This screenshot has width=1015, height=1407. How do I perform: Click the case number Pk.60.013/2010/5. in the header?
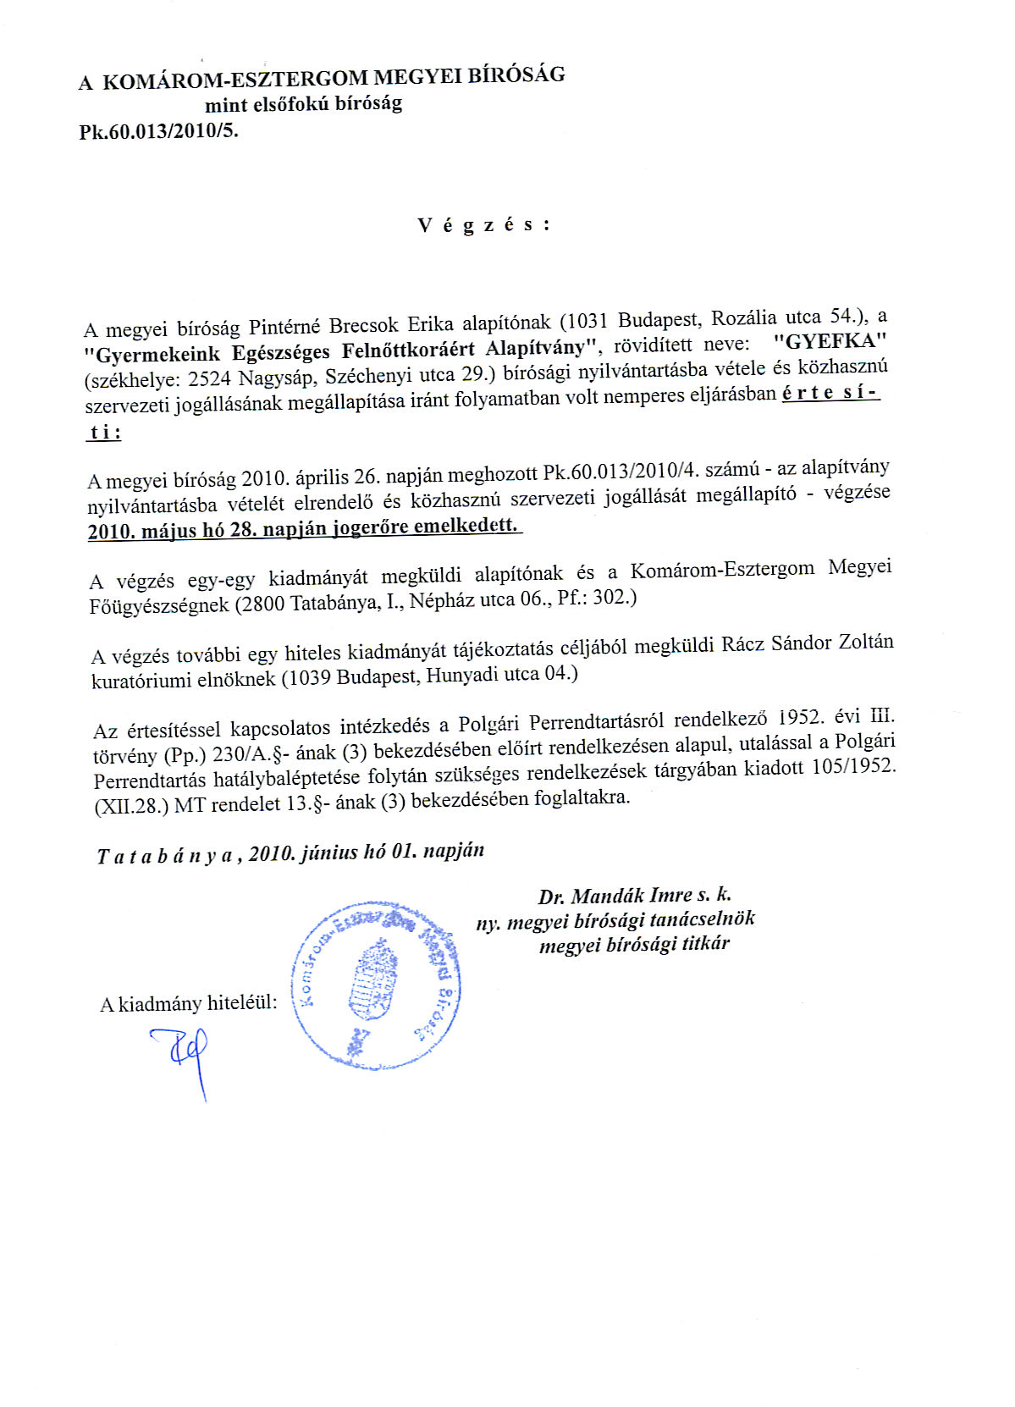[x=158, y=131]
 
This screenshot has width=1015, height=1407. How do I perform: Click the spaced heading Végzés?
[x=483, y=225]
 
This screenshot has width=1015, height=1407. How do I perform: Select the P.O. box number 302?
[x=613, y=596]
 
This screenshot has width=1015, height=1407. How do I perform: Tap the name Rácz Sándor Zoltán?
[x=807, y=643]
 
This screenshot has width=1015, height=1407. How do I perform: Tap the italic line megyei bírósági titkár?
[x=634, y=944]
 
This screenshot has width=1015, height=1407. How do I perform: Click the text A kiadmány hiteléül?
[x=188, y=1004]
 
